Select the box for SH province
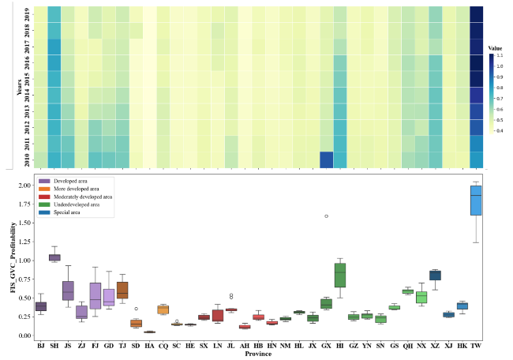point(54,257)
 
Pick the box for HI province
point(340,275)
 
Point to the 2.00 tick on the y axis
point(24,185)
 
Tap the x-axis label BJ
point(40,345)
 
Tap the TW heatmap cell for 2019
point(476,14)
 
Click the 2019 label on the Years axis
point(28,14)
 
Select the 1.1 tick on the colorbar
point(500,55)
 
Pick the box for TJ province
point(122,290)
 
